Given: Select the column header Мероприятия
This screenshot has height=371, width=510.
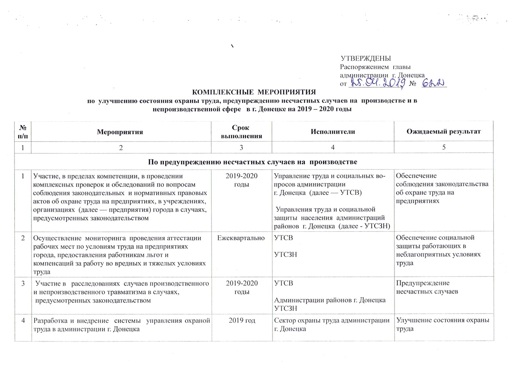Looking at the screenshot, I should pyautogui.click(x=122, y=131).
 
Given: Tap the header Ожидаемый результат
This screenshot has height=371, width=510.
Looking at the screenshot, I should pyautogui.click(x=443, y=131).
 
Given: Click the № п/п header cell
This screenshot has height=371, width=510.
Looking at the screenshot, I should pyautogui.click(x=23, y=131).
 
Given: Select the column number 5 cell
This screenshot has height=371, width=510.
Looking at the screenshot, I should pyautogui.click(x=443, y=147).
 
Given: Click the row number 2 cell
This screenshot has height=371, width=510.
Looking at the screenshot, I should pyautogui.click(x=23, y=238).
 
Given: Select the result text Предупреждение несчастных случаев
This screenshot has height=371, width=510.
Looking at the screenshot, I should pyautogui.click(x=427, y=287).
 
